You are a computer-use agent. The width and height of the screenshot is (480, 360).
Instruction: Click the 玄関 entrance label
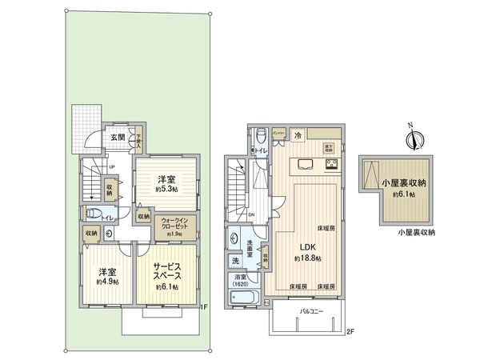point(117,137)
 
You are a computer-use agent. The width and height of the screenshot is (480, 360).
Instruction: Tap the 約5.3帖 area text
point(166,190)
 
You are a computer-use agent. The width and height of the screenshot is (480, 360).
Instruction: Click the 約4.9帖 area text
point(106,282)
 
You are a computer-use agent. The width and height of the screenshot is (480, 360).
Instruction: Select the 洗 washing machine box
point(235,261)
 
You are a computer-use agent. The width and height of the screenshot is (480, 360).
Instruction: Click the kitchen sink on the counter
point(307,164)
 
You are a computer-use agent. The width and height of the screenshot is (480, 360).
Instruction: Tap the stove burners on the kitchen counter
point(330,164)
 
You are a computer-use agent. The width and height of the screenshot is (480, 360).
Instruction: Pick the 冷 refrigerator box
point(297,135)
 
